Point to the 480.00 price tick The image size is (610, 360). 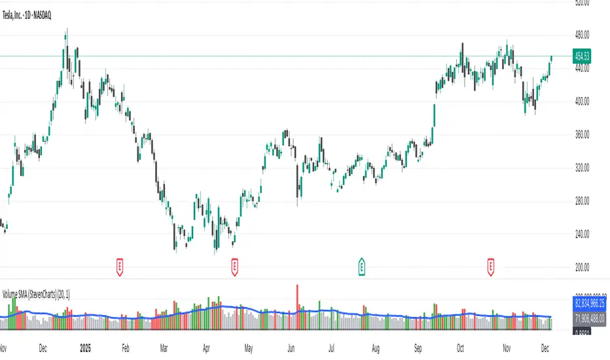click(x=581, y=35)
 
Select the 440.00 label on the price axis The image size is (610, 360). click(x=581, y=68)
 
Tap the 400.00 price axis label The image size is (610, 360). click(x=581, y=101)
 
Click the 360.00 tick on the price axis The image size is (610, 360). click(x=581, y=134)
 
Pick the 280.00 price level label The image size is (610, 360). click(x=581, y=201)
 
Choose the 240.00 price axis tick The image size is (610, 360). click(x=581, y=234)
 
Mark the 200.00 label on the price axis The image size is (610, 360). click(x=581, y=267)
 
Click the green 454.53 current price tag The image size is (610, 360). click(x=582, y=56)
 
